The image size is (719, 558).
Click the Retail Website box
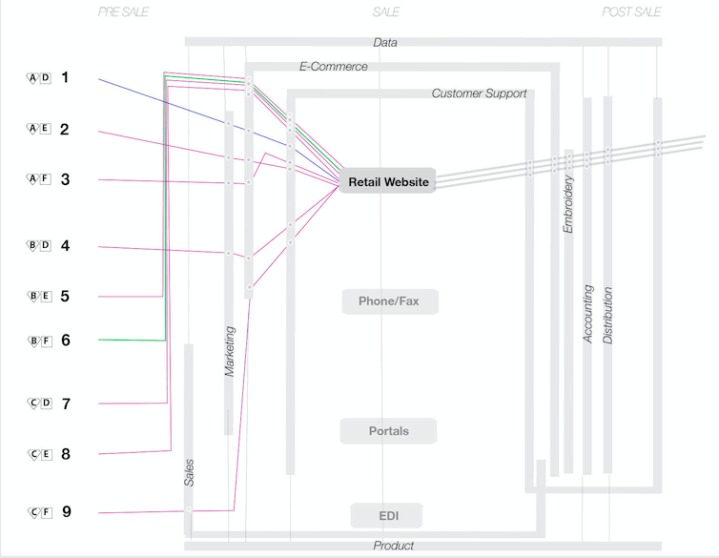click(387, 181)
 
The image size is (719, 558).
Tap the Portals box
click(388, 431)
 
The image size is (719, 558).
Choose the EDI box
click(388, 516)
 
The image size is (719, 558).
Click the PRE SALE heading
click(124, 12)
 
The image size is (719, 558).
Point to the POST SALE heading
click(631, 12)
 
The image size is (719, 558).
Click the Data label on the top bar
click(385, 43)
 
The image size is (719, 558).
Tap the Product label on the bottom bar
click(394, 546)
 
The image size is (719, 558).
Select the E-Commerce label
click(334, 67)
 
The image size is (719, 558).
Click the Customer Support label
click(479, 93)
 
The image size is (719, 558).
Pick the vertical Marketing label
click(229, 350)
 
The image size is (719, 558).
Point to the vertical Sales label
click(189, 472)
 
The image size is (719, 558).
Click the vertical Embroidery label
click(568, 202)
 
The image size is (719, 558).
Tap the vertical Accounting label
click(588, 313)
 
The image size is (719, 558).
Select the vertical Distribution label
click(608, 315)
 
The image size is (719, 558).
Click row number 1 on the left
click(65, 77)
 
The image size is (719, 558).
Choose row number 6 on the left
click(65, 340)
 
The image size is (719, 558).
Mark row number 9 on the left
click(66, 512)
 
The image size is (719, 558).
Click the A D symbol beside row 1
click(39, 77)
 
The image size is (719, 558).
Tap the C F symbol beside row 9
click(39, 512)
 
